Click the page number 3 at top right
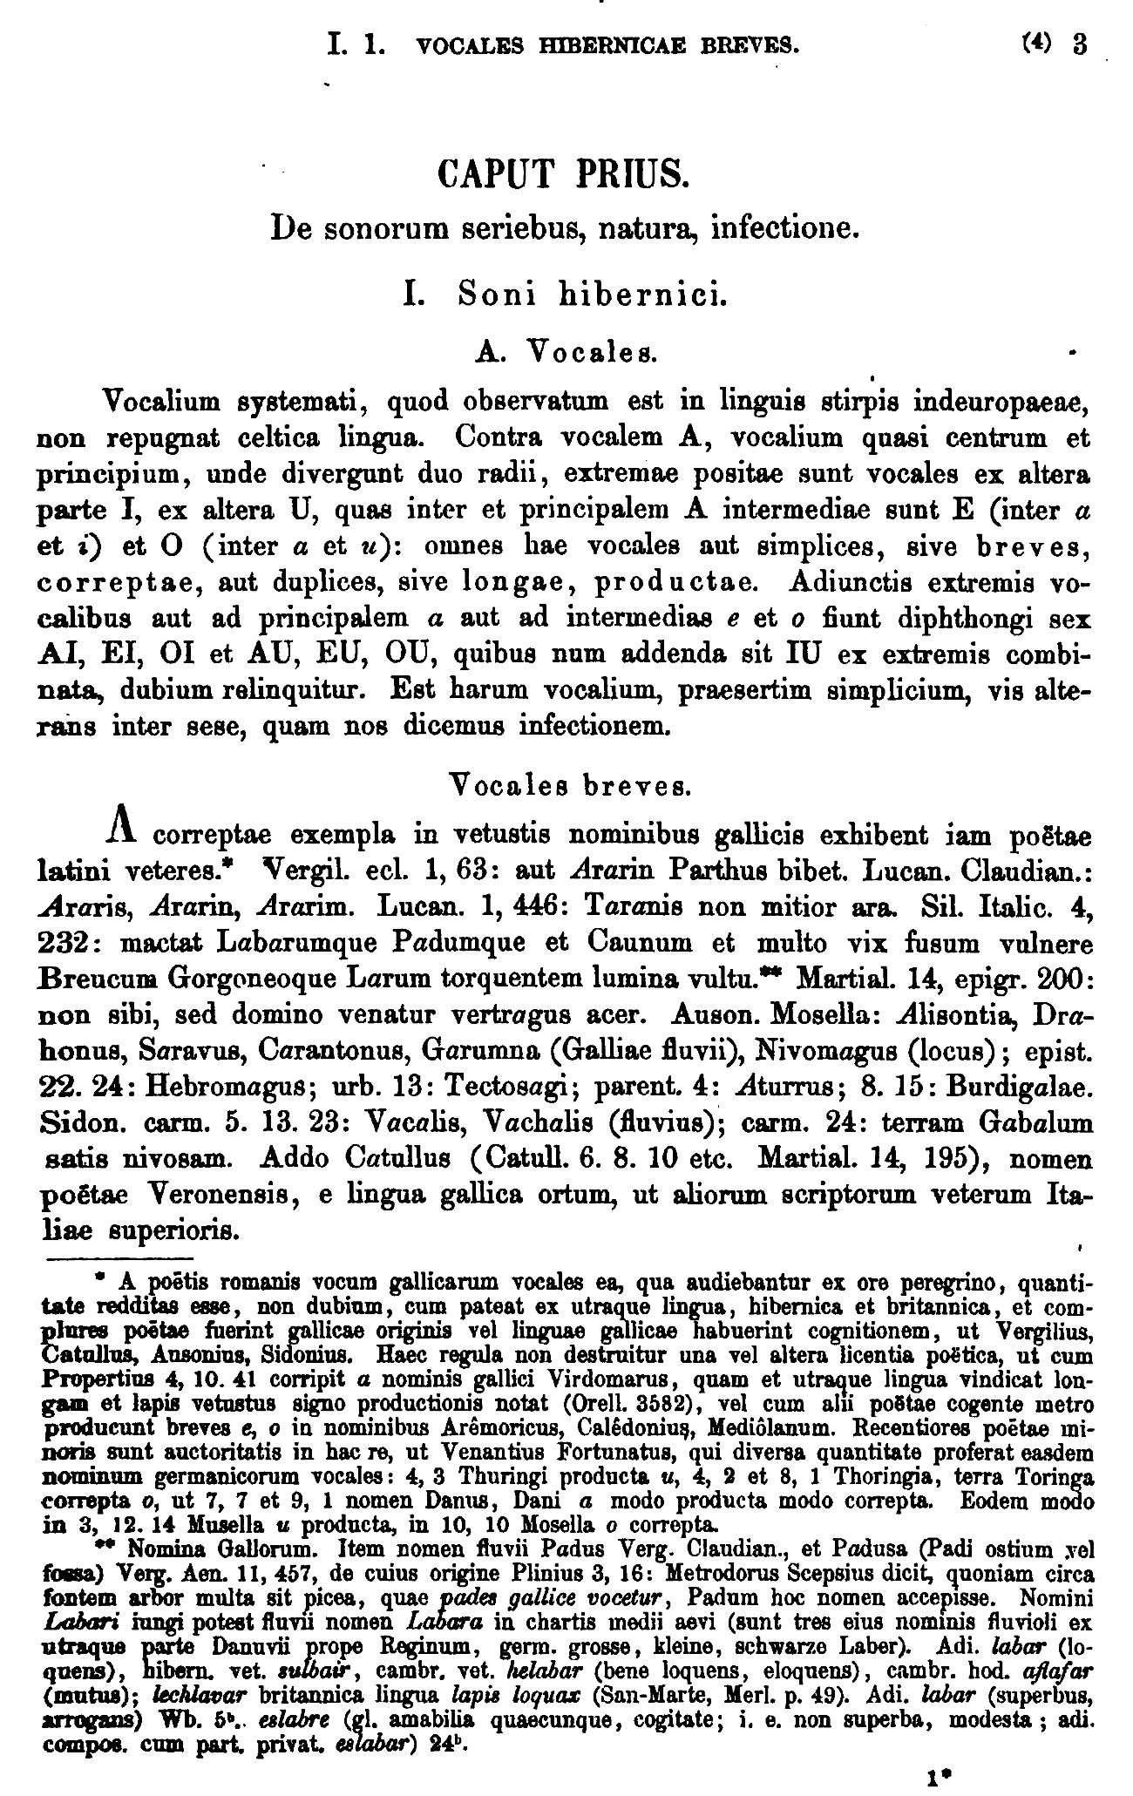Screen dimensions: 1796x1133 1081,44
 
